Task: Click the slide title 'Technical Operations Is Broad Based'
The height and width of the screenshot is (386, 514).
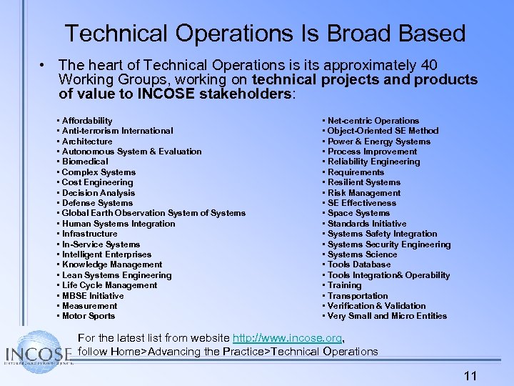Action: tap(265, 33)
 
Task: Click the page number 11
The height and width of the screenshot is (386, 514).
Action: tap(470, 376)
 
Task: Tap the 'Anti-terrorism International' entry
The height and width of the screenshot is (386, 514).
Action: tap(117, 131)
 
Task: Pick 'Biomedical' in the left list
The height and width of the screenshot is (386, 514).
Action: tap(84, 162)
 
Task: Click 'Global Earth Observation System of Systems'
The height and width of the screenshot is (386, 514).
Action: tap(153, 213)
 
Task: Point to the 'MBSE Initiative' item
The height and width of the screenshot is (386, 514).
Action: tap(93, 296)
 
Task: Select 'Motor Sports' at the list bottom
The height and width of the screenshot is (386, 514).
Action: tap(89, 316)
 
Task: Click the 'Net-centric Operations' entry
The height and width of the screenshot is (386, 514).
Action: tap(373, 121)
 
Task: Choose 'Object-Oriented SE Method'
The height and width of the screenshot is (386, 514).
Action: tap(383, 131)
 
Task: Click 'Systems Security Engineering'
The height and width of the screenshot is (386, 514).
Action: tap(389, 244)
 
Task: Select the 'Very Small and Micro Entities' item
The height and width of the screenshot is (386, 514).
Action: tap(387, 316)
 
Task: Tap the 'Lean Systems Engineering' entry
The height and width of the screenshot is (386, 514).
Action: tap(116, 275)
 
